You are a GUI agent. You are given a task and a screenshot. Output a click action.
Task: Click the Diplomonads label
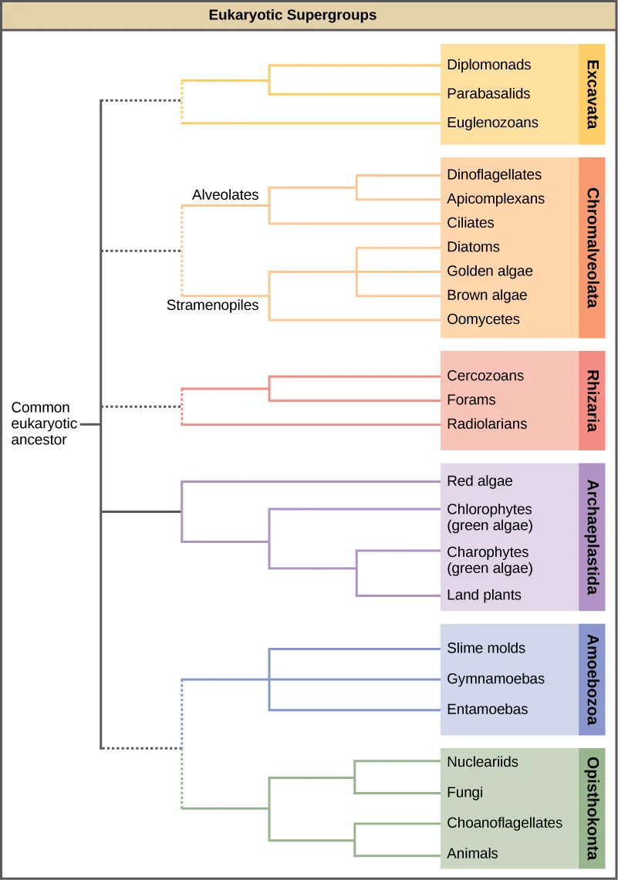pyautogui.click(x=488, y=65)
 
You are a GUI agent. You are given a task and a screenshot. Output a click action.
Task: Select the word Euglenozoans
pyautogui.click(x=492, y=123)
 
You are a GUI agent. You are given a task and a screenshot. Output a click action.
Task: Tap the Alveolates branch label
pyautogui.click(x=225, y=195)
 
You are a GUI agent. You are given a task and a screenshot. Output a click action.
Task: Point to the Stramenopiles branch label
pyautogui.click(x=212, y=305)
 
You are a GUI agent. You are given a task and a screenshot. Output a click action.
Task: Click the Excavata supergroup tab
pyautogui.click(x=592, y=94)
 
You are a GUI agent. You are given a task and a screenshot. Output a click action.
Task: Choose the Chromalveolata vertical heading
pyautogui.click(x=592, y=248)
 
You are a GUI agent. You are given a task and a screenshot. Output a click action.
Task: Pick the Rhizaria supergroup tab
pyautogui.click(x=592, y=400)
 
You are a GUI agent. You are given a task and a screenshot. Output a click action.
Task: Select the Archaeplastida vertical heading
pyautogui.click(x=592, y=537)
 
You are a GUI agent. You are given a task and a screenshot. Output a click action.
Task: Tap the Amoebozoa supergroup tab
pyautogui.click(x=592, y=679)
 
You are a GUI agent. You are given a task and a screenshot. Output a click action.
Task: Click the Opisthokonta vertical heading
pyautogui.click(x=592, y=808)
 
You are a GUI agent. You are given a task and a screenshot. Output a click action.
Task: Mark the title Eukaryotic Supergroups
pyautogui.click(x=292, y=15)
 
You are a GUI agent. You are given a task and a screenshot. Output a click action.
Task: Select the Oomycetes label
pyautogui.click(x=483, y=319)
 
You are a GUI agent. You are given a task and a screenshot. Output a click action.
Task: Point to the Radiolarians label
pyautogui.click(x=487, y=424)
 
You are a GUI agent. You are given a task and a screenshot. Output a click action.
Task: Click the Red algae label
pyautogui.click(x=479, y=481)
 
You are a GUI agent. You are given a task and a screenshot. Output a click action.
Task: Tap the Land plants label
pyautogui.click(x=484, y=595)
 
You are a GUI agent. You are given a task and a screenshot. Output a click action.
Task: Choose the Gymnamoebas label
pyautogui.click(x=495, y=679)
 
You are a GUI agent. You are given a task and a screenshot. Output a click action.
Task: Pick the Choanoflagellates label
pyautogui.click(x=505, y=823)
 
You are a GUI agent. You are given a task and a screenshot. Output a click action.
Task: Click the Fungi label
pyautogui.click(x=464, y=792)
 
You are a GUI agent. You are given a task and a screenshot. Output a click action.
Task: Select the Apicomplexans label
pyautogui.click(x=495, y=198)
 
